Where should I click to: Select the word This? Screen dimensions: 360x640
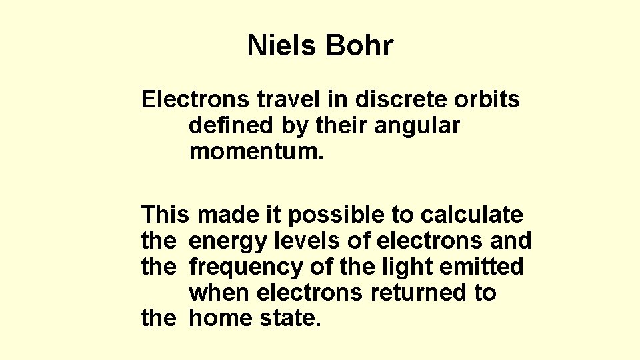point(166,215)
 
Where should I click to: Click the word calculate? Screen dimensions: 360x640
point(471,215)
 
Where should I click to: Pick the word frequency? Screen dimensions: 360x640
point(248,267)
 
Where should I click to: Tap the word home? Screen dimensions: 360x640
point(219,319)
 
